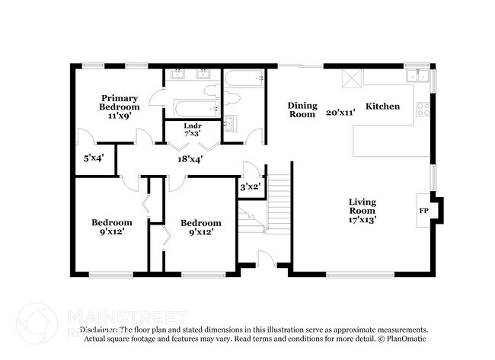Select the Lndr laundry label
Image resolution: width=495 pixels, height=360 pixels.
tap(192, 125)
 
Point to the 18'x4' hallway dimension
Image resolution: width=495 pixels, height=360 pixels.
tap(190, 159)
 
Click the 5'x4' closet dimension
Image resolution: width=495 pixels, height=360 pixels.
tap(94, 158)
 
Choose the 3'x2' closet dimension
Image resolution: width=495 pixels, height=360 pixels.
tap(251, 186)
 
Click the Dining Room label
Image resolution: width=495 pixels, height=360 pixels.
tap(302, 110)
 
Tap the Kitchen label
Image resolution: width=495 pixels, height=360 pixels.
tap(382, 107)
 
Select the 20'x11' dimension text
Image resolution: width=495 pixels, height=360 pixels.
tap(340, 112)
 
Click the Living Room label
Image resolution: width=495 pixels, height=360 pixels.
tap(362, 205)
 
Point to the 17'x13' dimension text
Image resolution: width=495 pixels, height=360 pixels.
tap(362, 219)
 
